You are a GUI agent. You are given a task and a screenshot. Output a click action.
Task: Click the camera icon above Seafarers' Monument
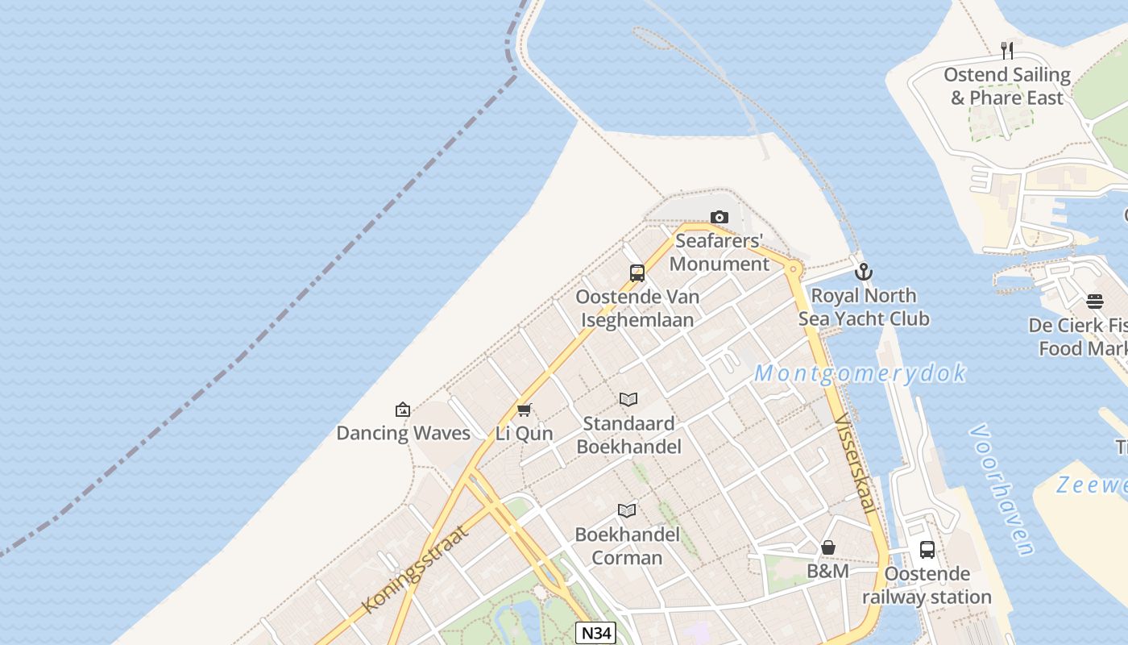[720, 217]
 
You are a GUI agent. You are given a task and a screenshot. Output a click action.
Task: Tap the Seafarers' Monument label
[720, 252]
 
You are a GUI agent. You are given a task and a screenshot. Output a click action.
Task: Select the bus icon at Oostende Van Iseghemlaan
[637, 273]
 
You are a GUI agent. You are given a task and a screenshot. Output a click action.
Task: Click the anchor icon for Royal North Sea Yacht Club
[864, 272]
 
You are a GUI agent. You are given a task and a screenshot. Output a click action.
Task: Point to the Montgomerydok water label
[861, 373]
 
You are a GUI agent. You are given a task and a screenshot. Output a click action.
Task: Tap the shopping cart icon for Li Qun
[525, 410]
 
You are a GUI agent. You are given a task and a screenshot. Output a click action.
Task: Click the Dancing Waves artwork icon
[403, 410]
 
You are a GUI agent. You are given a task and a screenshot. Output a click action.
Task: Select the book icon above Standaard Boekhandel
[628, 399]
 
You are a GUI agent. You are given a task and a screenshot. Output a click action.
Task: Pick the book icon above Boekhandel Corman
[627, 510]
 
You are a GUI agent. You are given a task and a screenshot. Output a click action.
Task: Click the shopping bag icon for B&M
[828, 548]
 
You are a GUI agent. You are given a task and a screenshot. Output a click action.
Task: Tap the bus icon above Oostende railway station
[927, 550]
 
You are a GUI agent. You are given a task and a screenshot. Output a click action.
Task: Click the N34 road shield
[596, 633]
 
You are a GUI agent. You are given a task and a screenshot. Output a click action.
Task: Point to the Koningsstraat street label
[416, 568]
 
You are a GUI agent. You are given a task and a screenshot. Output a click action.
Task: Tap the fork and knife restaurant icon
[1007, 51]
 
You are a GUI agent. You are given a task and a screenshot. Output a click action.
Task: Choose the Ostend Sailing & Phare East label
[1007, 86]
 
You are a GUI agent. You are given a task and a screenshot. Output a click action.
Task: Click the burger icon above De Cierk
[1094, 302]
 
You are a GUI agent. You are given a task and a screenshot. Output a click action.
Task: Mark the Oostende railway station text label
[927, 585]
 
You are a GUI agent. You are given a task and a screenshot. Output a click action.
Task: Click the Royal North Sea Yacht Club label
[864, 307]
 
